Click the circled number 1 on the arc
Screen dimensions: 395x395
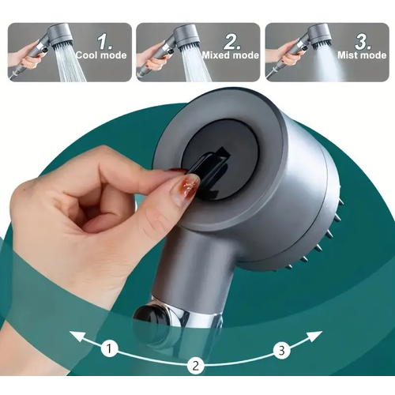(x=109, y=349)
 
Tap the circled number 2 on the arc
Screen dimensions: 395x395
(x=196, y=366)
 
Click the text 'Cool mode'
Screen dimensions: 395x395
(x=101, y=55)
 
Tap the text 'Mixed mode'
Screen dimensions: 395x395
(x=231, y=55)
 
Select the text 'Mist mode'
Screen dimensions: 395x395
(x=362, y=55)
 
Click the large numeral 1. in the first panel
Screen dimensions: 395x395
(x=105, y=41)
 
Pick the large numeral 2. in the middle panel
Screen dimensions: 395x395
(x=232, y=41)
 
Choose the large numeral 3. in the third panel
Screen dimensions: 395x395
(x=363, y=41)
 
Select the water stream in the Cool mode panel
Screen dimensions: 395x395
(x=70, y=65)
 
